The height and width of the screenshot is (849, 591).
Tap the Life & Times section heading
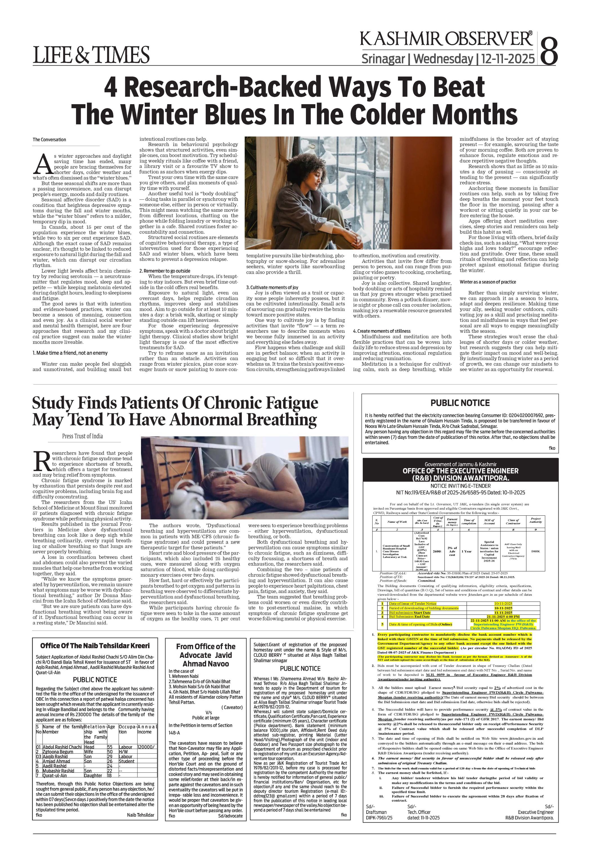(x=91, y=55)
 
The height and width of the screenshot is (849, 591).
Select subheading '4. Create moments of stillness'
(x=381, y=331)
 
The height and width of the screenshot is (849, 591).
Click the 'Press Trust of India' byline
(x=82, y=436)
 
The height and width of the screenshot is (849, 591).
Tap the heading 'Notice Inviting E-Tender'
(x=460, y=486)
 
